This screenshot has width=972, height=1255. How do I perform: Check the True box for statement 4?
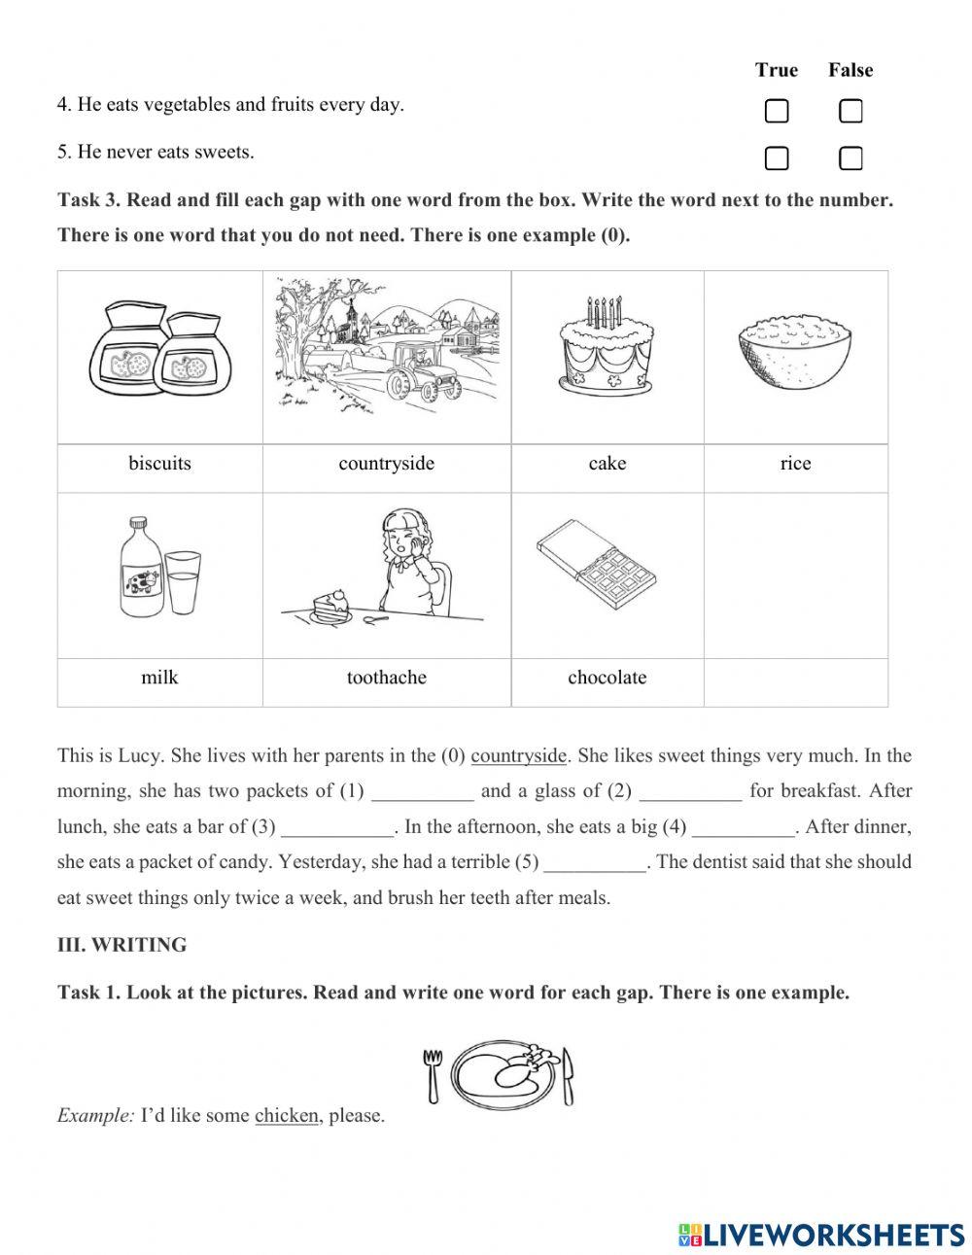pos(776,112)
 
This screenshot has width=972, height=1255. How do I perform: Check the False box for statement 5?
pos(850,157)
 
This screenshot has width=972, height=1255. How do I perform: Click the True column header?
pos(776,70)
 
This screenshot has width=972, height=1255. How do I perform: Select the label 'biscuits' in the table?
pos(159,464)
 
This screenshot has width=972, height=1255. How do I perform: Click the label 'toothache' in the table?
pos(386,678)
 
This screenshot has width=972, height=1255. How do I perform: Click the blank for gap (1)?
pos(423,792)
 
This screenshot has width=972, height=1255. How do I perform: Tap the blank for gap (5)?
pos(596,863)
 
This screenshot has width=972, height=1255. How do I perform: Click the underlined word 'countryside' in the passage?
pos(518,756)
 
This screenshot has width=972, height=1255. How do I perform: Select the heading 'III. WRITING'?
pos(122,945)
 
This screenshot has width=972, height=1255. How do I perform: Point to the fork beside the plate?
pos(433,1074)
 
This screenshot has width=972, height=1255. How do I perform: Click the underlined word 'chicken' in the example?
pos(286,1116)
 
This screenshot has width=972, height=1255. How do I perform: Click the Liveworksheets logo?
pos(820,1235)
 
